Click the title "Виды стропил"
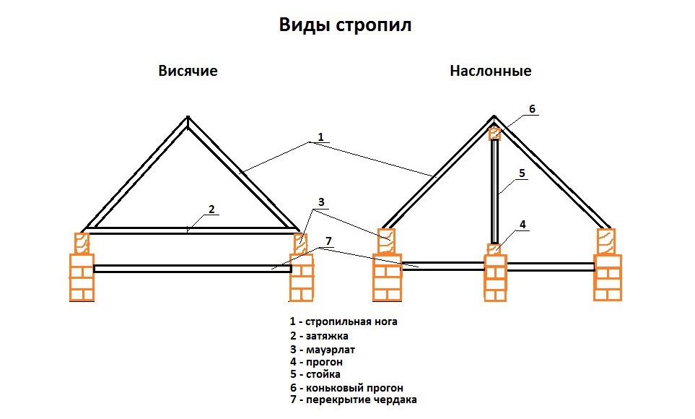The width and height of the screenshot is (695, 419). pos(345,25)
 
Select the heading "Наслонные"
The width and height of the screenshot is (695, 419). pos(491,71)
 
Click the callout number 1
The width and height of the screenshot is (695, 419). pos(320,137)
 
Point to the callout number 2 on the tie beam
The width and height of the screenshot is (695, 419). pos(211,209)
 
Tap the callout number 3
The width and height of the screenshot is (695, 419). pos(320,202)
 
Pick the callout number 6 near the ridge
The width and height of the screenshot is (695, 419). pos(532,108)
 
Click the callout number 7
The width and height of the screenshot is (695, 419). pos(328,241)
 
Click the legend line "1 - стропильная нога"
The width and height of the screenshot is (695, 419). pos(344,321)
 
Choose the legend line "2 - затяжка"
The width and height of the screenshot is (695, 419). pos(320,335)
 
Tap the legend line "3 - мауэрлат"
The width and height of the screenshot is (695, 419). pos(323,349)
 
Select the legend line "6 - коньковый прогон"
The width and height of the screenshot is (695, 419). pos(346,388)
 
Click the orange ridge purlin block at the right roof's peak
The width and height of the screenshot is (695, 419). pos(495,134)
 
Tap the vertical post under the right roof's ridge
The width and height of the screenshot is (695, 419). pos(495,191)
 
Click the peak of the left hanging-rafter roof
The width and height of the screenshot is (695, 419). pos(188,120)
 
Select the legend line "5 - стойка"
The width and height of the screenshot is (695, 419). pos(315,374)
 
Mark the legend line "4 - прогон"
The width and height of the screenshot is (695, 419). pos(315,361)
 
